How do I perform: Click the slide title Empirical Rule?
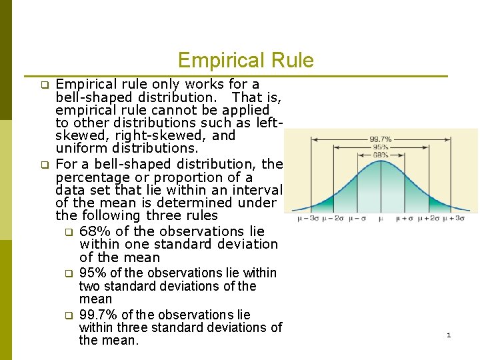point(245,61)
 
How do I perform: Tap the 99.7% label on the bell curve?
point(380,139)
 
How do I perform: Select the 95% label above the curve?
point(380,147)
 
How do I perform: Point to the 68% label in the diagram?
point(380,155)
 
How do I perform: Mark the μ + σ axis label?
point(406,219)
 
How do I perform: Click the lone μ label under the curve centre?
point(380,219)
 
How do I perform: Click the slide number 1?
point(449,335)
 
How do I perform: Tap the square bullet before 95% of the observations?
point(67,273)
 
